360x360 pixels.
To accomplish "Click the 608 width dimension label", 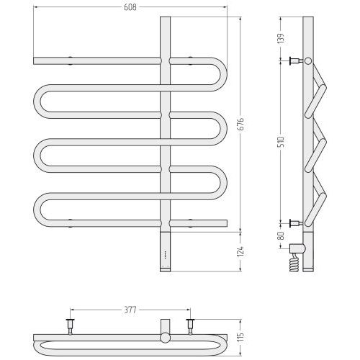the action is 130,7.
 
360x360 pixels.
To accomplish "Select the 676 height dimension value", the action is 240,124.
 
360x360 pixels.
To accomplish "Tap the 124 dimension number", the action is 240,251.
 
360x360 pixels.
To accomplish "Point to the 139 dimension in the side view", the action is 281,38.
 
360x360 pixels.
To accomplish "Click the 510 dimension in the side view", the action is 281,142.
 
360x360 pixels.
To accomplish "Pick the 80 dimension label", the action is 281,235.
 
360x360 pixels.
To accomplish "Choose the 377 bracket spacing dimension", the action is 130,310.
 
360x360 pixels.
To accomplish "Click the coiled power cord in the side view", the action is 295,263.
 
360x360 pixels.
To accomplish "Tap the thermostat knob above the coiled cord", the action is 297,248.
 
